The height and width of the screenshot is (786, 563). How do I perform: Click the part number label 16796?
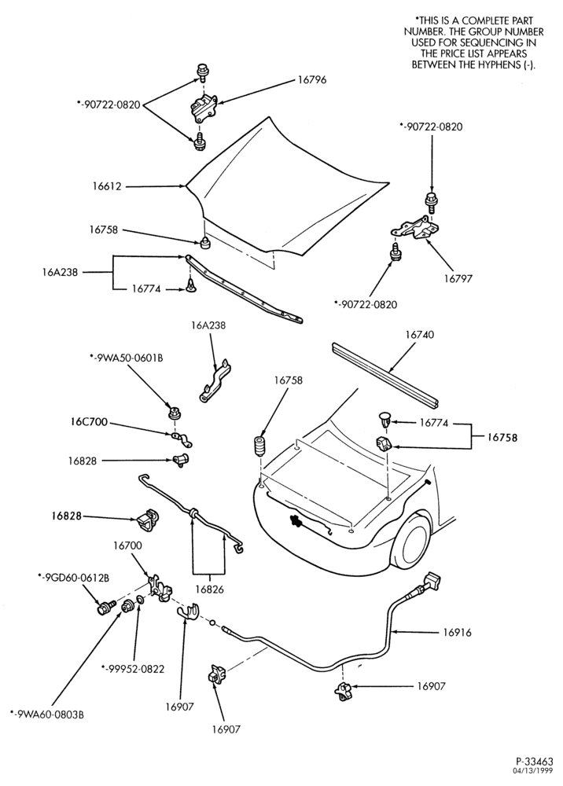[311, 80]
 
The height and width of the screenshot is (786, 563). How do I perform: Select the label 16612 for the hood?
[107, 186]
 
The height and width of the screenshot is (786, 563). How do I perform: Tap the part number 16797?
[458, 278]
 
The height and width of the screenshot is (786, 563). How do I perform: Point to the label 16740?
[420, 334]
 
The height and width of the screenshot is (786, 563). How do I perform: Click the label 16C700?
[89, 422]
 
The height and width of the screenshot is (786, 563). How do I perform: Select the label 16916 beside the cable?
[457, 632]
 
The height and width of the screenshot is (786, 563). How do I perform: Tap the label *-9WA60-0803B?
[47, 714]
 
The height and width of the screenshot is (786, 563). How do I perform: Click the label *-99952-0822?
[133, 669]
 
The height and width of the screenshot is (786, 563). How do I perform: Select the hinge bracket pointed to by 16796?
[202, 107]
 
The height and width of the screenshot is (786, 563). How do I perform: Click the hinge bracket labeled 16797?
[415, 229]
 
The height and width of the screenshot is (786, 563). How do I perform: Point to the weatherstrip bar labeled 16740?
[385, 374]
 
